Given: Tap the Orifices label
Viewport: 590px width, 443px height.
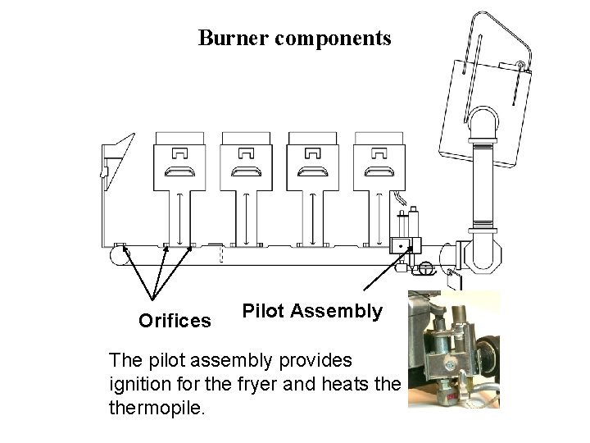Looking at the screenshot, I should point(175,321).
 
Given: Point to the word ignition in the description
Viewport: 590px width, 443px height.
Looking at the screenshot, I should point(138,382).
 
